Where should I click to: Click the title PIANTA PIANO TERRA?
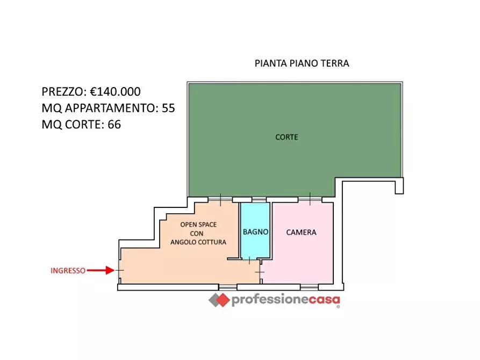pos(302,63)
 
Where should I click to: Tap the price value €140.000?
pos(115,92)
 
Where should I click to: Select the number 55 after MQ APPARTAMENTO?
pos(168,108)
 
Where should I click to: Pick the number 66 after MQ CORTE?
pos(114,125)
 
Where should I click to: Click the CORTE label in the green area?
pos(286,137)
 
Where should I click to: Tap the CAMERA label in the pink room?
pos(301,233)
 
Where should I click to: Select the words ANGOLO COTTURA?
pos(198,242)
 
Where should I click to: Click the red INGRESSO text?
pos(68,271)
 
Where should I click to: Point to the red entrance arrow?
pos(101,270)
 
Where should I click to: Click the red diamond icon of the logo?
pos(219,300)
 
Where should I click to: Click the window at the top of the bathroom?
pos(259,199)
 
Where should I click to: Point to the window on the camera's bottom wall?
pos(310,286)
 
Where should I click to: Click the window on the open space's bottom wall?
pos(227,286)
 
